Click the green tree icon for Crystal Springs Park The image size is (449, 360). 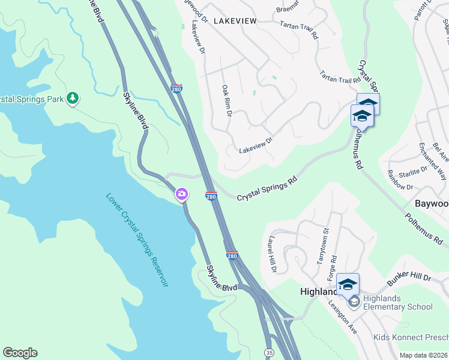point(73,98)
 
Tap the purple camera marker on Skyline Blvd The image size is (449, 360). point(182,194)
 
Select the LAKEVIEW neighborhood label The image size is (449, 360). point(235,21)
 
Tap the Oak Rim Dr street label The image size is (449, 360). point(227,101)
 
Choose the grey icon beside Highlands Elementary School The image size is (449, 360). point(354,301)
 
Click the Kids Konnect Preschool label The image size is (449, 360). point(411,338)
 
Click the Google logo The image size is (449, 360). point(20,353)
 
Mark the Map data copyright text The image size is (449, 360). point(423,355)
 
